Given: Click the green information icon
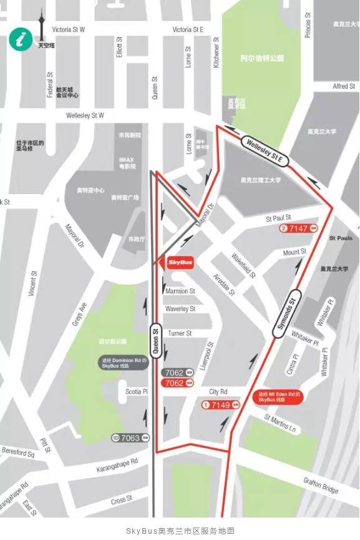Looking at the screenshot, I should [20, 40].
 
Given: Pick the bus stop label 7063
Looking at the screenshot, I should [130, 438].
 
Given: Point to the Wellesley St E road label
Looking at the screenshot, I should [265, 152].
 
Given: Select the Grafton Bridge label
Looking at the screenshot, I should [321, 485].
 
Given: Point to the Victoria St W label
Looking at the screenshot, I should [69, 29].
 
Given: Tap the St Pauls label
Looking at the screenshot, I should [341, 238].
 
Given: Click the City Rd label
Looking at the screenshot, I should [218, 392].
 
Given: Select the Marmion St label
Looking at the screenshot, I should [180, 291].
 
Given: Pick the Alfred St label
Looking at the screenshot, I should [344, 86].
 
